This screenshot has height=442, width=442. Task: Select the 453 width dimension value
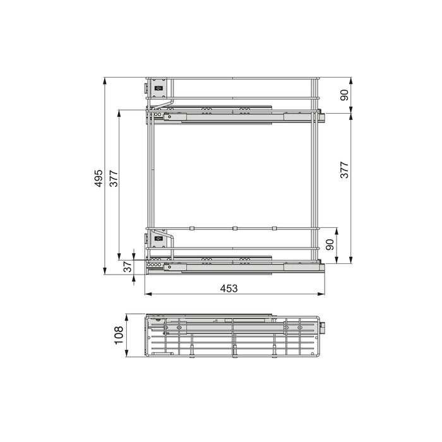click(x=229, y=288)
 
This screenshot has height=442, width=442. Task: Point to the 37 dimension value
click(x=128, y=267)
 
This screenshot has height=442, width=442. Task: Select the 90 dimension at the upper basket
click(x=345, y=95)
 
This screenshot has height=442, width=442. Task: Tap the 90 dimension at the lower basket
click(x=330, y=245)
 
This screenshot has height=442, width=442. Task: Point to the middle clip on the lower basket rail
click(x=234, y=227)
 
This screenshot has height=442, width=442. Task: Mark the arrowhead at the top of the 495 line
click(x=105, y=80)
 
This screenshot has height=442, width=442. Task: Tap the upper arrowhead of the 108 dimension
click(x=127, y=315)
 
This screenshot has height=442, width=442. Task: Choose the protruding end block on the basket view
click(x=325, y=328)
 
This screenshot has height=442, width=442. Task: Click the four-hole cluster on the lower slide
click(x=152, y=258)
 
